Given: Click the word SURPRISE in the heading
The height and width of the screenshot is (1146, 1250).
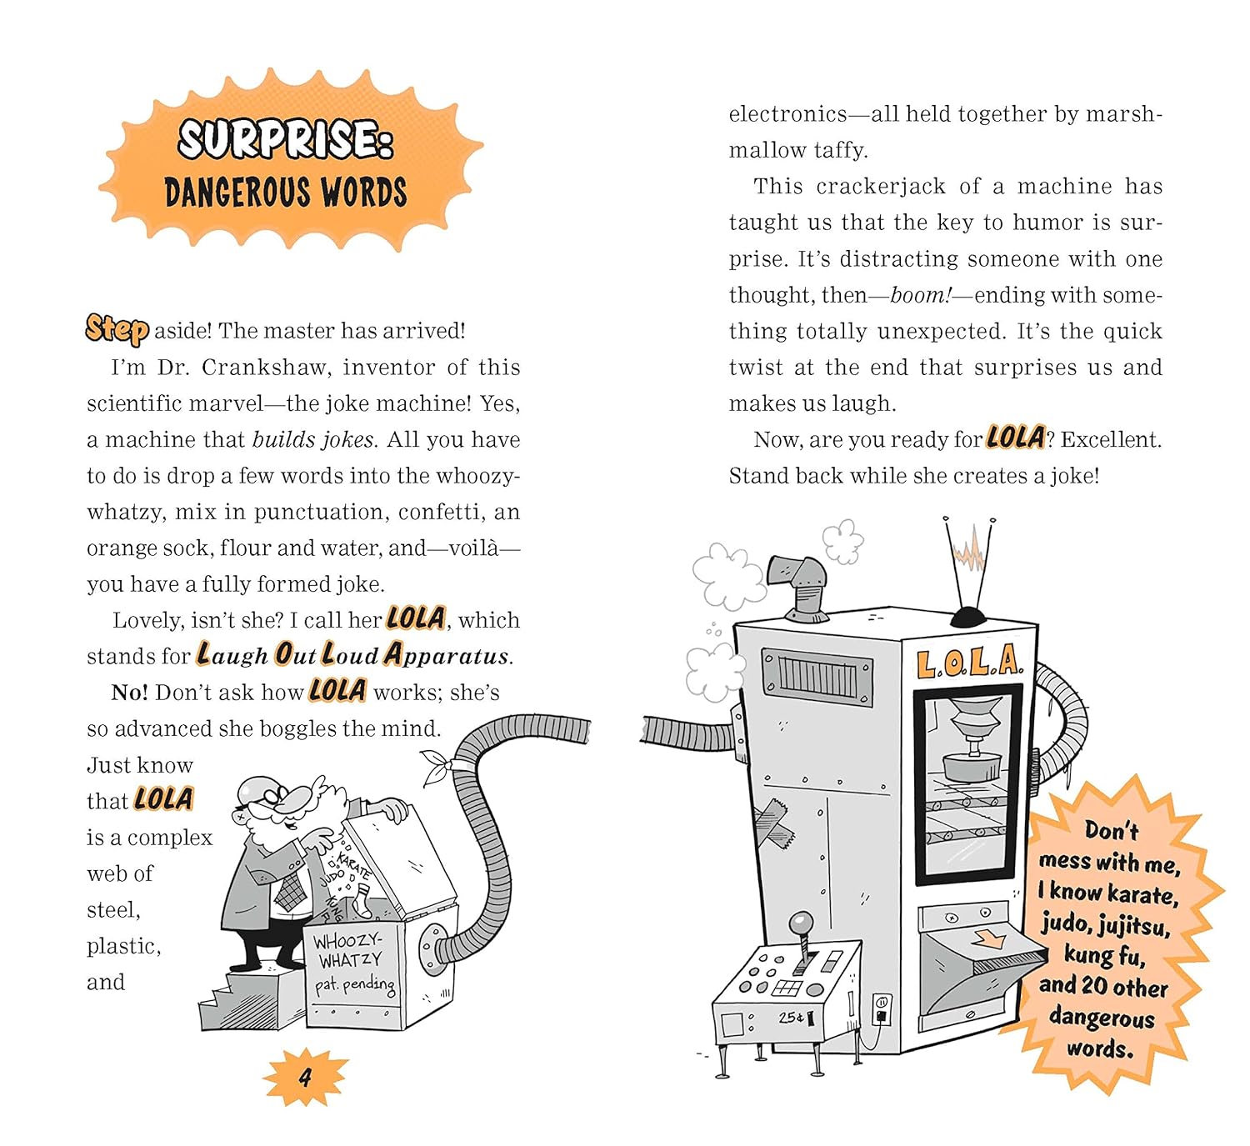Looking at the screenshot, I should click(x=285, y=138).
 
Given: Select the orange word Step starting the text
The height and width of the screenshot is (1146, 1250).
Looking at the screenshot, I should click(x=117, y=329).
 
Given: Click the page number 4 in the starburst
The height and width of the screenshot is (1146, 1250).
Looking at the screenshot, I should click(x=305, y=1077).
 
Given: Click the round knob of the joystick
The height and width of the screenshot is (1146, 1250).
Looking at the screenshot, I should click(x=802, y=923).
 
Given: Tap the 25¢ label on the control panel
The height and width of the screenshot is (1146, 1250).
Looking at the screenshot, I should click(x=792, y=1018).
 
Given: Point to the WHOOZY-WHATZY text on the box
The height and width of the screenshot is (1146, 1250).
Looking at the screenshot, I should click(x=347, y=950).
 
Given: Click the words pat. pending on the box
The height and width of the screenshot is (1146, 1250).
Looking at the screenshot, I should click(x=354, y=985).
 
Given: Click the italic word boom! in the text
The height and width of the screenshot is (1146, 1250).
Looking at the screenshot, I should click(x=920, y=295).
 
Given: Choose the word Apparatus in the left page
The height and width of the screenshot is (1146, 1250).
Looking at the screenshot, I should click(x=447, y=656).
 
